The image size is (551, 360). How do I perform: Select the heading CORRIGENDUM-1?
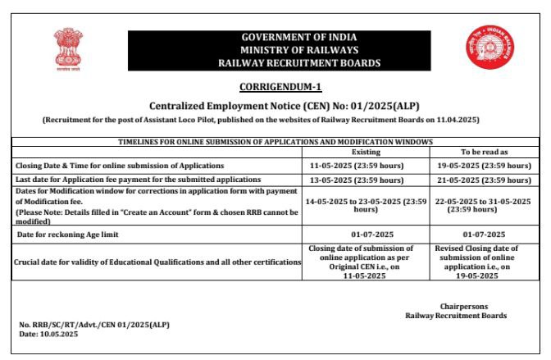(x=275, y=87)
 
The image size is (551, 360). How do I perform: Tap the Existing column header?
(x=366, y=153)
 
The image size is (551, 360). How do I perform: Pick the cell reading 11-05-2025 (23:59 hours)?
(x=366, y=166)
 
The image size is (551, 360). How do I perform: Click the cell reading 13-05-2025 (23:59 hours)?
(x=366, y=179)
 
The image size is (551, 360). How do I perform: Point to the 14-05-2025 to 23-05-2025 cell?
(x=366, y=205)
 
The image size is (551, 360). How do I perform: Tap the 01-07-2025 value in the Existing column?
(x=366, y=235)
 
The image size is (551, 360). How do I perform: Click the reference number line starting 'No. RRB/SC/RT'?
(x=94, y=325)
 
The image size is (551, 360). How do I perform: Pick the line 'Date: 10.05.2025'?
(x=48, y=334)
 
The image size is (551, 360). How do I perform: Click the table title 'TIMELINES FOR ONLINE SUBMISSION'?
(x=275, y=142)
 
